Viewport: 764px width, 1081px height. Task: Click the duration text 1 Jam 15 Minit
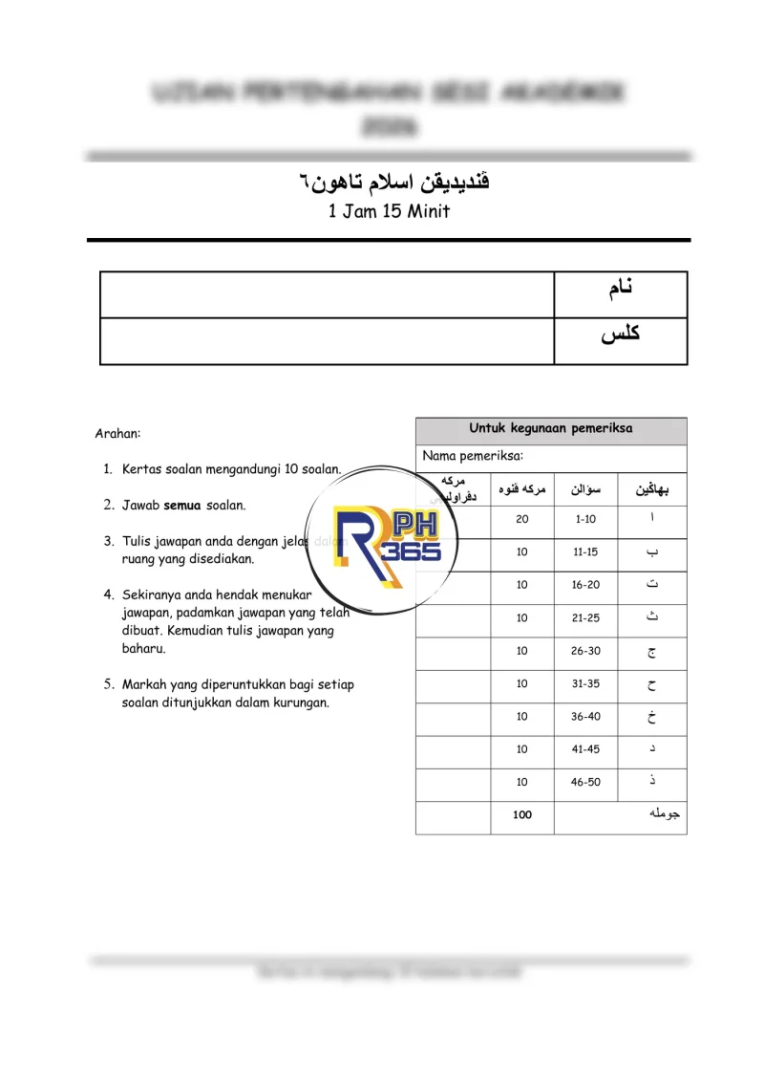pos(389,212)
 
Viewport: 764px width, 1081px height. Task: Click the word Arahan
pos(117,434)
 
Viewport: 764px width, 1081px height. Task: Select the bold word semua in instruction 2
pos(181,505)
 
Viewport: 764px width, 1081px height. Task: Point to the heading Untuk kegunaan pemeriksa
pos(551,429)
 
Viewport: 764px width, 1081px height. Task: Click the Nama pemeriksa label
pos(473,457)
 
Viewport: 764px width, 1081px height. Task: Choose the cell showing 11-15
pos(585,552)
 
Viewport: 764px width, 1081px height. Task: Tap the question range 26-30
pos(585,651)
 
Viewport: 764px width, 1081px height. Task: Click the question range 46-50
pos(585,782)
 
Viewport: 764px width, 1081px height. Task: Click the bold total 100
pos(521,815)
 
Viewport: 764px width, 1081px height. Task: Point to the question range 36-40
pos(585,717)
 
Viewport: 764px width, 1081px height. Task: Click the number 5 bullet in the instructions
pos(108,684)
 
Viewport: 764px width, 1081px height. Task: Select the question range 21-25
pos(585,618)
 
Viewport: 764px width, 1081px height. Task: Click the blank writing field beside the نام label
pos(327,293)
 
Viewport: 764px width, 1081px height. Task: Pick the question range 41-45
pos(585,749)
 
